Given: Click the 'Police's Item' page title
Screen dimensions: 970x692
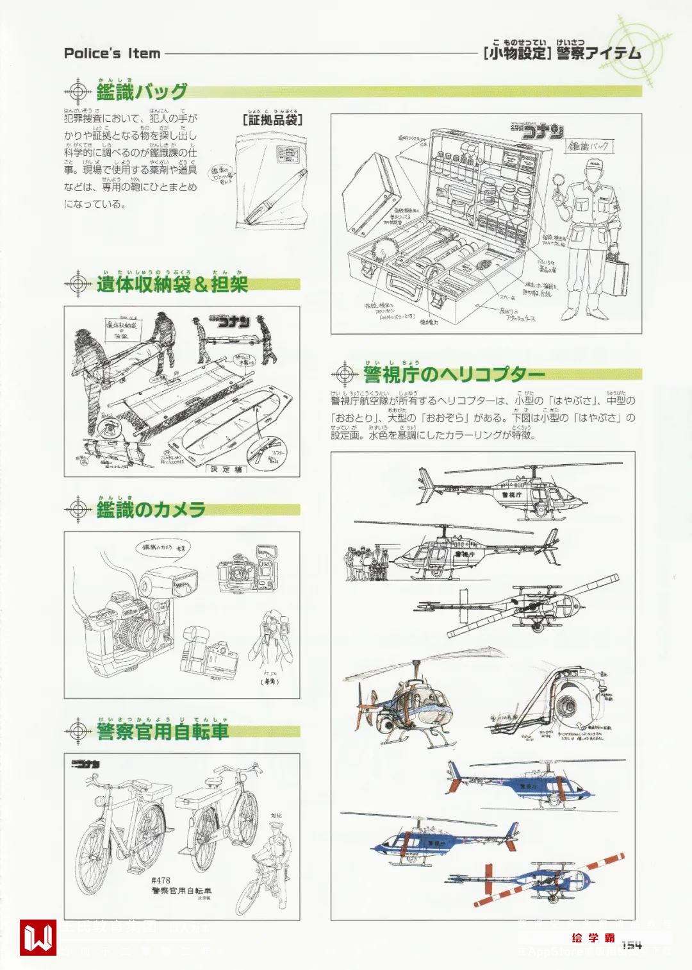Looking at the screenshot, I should (112, 53).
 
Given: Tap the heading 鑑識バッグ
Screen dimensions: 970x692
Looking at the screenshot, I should (142, 92).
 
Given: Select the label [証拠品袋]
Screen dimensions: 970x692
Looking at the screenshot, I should (272, 119).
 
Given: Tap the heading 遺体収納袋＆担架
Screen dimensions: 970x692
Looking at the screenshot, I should (172, 284).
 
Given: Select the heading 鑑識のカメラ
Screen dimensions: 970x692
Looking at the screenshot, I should (151, 510).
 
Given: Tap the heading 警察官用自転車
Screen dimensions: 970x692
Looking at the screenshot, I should (163, 731).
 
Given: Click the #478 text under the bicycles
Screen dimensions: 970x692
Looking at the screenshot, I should (161, 880).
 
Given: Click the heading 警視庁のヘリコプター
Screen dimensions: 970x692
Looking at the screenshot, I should (454, 374).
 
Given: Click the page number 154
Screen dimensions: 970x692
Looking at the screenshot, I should (631, 944).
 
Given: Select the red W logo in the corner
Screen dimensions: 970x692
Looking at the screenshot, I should (38, 937).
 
